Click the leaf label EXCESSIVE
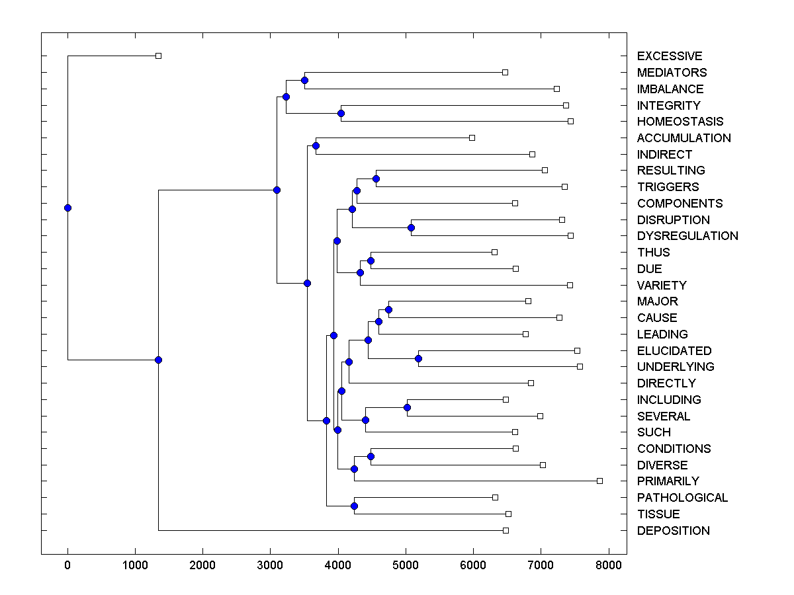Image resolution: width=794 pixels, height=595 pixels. (x=669, y=56)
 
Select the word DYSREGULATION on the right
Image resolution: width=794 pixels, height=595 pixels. (x=687, y=236)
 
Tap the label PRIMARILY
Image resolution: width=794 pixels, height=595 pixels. (x=668, y=481)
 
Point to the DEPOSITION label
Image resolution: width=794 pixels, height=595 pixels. (x=673, y=531)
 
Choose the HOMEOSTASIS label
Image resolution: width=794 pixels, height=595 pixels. (x=680, y=122)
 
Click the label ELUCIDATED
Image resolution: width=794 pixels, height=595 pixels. (x=674, y=351)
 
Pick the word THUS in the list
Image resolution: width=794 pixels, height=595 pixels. (x=653, y=253)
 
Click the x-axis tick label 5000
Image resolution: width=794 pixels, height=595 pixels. (x=406, y=565)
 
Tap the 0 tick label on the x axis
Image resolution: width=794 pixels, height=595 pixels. (x=67, y=565)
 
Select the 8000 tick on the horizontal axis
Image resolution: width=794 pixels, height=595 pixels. (x=609, y=565)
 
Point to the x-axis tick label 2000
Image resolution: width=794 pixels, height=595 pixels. (x=202, y=565)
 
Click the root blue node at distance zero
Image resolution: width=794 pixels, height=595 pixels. (x=67, y=208)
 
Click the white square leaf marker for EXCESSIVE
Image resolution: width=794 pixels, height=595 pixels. (x=158, y=56)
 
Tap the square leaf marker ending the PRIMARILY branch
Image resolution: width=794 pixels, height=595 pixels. (x=599, y=481)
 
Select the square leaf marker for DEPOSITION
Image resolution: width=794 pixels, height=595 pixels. (x=506, y=530)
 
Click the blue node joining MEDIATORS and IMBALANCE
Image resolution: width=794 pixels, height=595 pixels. (x=304, y=81)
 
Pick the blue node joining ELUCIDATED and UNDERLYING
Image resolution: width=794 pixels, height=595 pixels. (x=418, y=359)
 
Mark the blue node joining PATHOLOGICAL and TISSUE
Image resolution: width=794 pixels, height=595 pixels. (x=354, y=506)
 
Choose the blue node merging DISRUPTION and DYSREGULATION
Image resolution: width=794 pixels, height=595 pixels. (x=411, y=227)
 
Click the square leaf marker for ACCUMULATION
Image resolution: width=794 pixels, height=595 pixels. (x=472, y=138)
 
